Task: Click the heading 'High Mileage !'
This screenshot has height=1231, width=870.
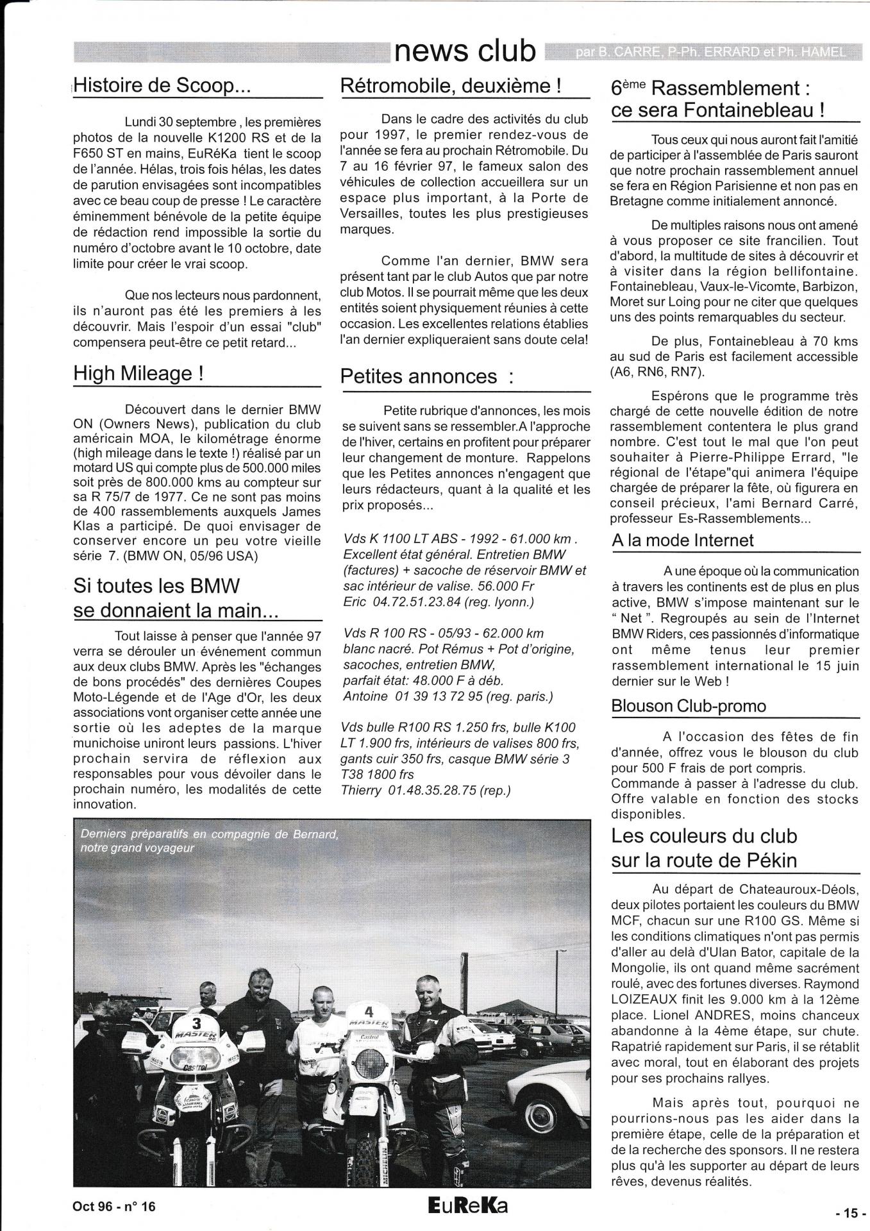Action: (x=138, y=373)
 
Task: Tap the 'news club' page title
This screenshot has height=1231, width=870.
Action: (x=466, y=51)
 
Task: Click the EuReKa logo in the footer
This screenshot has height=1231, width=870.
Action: (x=467, y=1205)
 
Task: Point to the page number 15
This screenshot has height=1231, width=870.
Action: (x=850, y=1213)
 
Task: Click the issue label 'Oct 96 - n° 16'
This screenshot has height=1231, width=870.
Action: (x=113, y=1206)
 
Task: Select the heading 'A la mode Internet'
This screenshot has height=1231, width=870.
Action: (x=683, y=540)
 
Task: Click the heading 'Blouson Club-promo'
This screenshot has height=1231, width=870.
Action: (x=689, y=706)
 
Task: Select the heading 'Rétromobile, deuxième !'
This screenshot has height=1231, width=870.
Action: (x=451, y=85)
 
